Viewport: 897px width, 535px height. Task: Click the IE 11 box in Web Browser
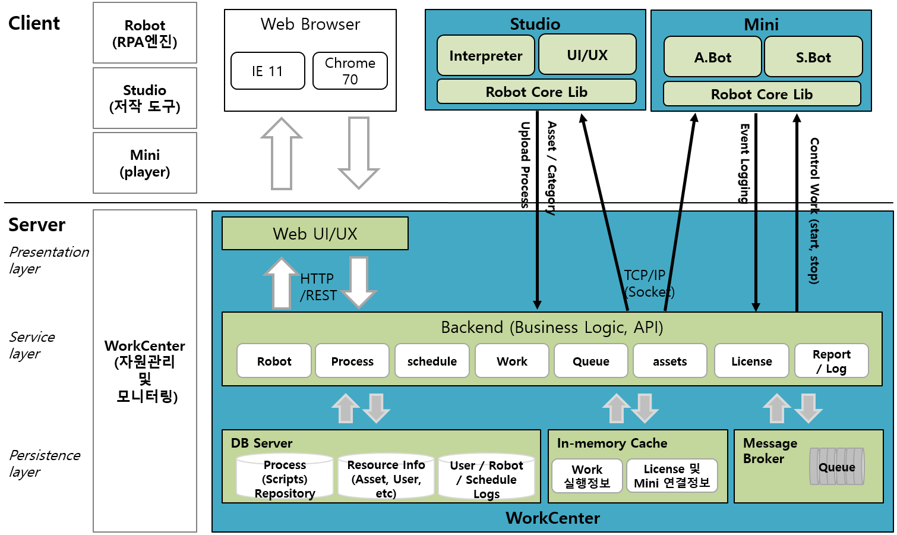[267, 71]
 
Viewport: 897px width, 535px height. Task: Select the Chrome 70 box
[350, 71]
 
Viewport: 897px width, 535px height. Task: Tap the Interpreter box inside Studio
[486, 55]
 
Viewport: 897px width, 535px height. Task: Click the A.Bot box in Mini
[712, 57]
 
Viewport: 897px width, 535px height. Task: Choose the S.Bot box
[813, 57]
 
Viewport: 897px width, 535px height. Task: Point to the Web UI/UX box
[315, 234]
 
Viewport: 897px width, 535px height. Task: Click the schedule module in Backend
[432, 361]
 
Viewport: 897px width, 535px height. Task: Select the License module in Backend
[751, 361]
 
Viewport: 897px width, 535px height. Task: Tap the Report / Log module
[832, 361]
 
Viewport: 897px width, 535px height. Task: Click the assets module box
[670, 361]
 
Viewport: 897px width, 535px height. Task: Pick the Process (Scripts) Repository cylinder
[285, 477]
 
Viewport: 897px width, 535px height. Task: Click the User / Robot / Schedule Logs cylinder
[487, 477]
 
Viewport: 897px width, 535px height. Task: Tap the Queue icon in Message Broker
[837, 467]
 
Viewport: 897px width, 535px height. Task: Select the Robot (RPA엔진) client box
[145, 33]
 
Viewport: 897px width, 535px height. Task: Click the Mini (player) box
[145, 163]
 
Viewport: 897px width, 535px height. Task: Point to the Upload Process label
[525, 165]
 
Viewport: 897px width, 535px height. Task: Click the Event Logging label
[744, 163]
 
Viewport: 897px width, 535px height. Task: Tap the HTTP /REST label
[318, 287]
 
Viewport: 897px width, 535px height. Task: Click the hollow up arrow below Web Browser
[282, 153]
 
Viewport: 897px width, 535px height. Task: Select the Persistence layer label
[45, 464]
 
